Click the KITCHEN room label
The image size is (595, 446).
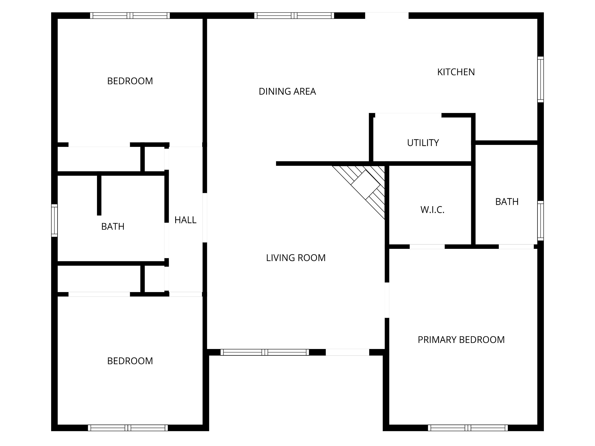coord(456,72)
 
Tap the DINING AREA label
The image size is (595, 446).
coord(287,91)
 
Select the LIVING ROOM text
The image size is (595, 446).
coord(296,258)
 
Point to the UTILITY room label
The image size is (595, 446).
coord(423,143)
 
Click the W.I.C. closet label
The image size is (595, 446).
coord(432,210)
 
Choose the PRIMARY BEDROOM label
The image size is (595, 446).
coord(461,340)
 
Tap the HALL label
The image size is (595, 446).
coord(185,220)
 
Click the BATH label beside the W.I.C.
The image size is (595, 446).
coord(507,202)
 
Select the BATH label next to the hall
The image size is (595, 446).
coord(113,226)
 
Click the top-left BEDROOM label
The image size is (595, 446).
coord(130,81)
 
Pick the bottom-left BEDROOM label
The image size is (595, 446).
coord(130,361)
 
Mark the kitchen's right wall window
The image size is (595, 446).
coord(540,79)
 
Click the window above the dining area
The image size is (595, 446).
coord(294,16)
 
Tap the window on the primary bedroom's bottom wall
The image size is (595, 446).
coord(468,428)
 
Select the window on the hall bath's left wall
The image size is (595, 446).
coord(54,220)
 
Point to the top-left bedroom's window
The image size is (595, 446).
coord(130,16)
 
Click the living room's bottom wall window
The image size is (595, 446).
coord(265,352)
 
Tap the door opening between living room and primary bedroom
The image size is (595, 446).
coord(387,300)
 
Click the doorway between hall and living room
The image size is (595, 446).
coord(205,218)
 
